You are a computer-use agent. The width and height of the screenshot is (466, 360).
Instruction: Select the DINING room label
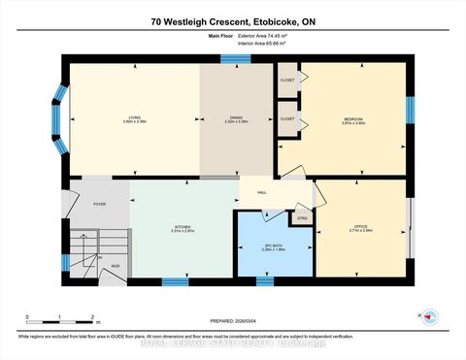pos(236,118)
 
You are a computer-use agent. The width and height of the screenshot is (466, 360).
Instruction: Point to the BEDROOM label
pos(353,119)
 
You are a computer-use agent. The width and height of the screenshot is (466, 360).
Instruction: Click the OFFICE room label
pos(361,229)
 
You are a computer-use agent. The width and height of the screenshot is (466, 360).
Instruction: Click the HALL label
pos(262,193)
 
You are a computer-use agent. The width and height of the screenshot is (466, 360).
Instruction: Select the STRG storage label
pos(302,218)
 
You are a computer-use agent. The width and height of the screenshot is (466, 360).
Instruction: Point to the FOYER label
pos(99,204)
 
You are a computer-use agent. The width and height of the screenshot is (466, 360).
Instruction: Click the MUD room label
pos(115,265)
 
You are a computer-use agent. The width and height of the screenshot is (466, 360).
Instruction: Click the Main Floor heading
pos(223,36)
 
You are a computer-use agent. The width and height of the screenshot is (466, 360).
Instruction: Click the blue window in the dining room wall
pos(235,59)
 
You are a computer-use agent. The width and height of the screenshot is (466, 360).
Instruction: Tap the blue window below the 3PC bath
pos(265,281)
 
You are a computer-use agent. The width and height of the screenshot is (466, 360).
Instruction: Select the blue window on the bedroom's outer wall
pos(410,110)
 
